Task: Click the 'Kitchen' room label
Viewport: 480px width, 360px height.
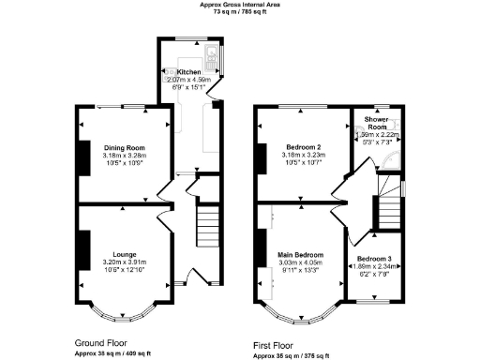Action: (189, 72)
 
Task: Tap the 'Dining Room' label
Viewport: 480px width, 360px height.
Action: (124, 147)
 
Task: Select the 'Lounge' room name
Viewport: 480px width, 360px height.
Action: (124, 254)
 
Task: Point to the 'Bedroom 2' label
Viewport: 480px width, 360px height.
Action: (304, 147)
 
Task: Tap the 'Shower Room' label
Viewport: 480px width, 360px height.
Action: (377, 123)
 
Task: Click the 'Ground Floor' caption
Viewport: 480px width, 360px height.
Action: (101, 342)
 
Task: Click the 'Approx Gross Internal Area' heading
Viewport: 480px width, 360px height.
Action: (240, 5)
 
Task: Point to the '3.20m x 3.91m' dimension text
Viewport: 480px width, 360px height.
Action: (124, 262)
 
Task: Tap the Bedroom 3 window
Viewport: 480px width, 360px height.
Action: (376, 303)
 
